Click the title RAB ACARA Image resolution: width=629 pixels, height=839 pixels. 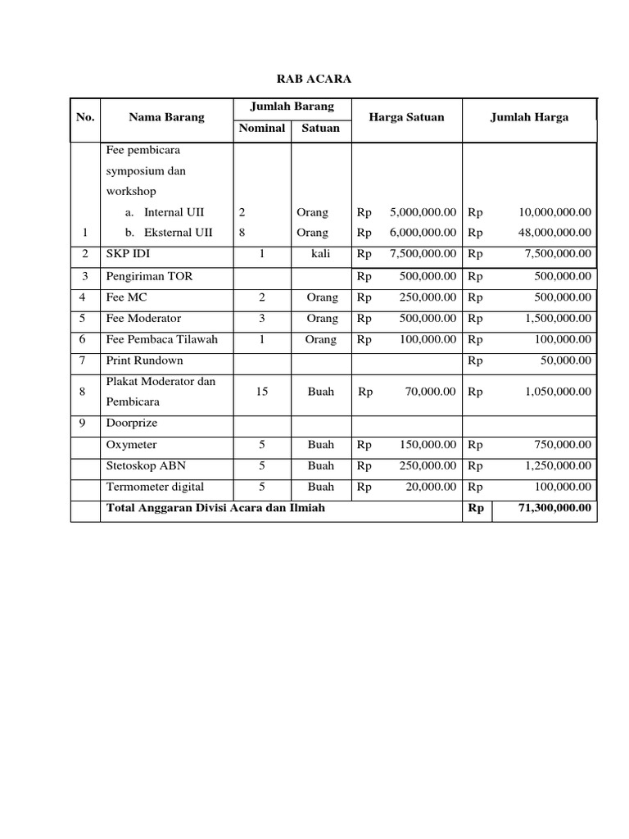point(314,79)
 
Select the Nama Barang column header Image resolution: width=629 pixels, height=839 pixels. point(166,117)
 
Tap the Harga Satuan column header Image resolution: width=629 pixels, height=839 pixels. point(406,117)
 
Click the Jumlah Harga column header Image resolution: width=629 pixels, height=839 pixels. point(529,117)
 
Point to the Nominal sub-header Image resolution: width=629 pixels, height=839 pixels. point(262,128)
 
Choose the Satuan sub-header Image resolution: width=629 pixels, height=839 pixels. point(320,128)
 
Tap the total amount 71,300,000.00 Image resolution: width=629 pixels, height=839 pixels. point(554,508)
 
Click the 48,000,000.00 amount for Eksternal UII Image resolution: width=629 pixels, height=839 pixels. point(554,232)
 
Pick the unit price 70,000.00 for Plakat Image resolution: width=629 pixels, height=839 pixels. point(430,392)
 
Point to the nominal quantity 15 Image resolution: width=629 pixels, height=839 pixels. point(262,392)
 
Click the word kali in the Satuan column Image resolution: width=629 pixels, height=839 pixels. point(320,254)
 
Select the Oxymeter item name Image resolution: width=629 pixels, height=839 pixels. point(132,445)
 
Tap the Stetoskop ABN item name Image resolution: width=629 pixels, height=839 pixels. point(147,465)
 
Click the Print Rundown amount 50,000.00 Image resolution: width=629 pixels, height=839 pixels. point(563,361)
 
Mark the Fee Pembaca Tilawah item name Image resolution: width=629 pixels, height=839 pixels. point(162,339)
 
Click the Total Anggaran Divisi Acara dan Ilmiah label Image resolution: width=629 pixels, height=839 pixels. point(215,508)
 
